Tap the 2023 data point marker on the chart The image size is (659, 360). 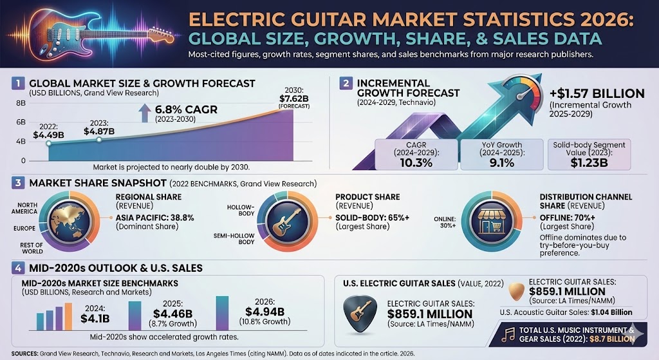tap(98, 140)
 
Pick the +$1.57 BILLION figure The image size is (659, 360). tap(598, 93)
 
